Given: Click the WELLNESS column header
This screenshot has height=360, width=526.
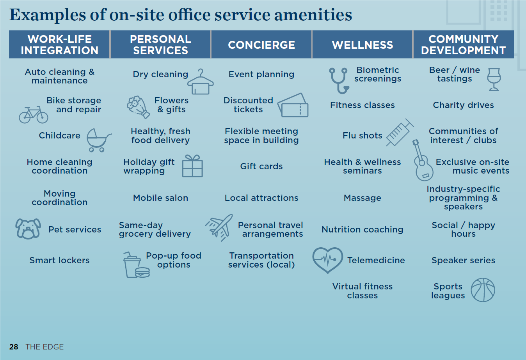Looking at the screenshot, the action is tap(363, 44).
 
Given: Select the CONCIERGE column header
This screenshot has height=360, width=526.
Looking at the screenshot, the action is tap(261, 44).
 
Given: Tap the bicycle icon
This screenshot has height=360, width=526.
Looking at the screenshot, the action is tap(34, 115).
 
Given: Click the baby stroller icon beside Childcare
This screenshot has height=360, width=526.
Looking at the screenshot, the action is tap(99, 140).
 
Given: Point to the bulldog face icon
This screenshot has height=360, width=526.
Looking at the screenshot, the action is tap(28, 229).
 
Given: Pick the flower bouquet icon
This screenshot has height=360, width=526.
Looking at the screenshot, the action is tap(138, 107).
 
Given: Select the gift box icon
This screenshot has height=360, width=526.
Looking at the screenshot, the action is tap(192, 166).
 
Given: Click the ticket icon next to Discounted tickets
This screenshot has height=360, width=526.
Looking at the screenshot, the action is tap(293, 105).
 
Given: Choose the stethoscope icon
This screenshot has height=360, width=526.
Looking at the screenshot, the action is tap(339, 80).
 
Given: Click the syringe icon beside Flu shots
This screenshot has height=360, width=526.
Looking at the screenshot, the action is tap(400, 132).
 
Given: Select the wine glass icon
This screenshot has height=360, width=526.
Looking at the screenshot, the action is tap(494, 80).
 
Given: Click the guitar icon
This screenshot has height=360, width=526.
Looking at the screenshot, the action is tap(423, 160).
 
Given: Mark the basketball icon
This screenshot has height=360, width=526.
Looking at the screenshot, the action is tap(483, 290).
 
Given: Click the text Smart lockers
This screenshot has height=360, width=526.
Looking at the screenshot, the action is tap(59, 260).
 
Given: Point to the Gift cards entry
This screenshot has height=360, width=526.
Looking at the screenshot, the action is tap(261, 166).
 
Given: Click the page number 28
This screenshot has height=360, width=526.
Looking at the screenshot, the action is tap(14, 347).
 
